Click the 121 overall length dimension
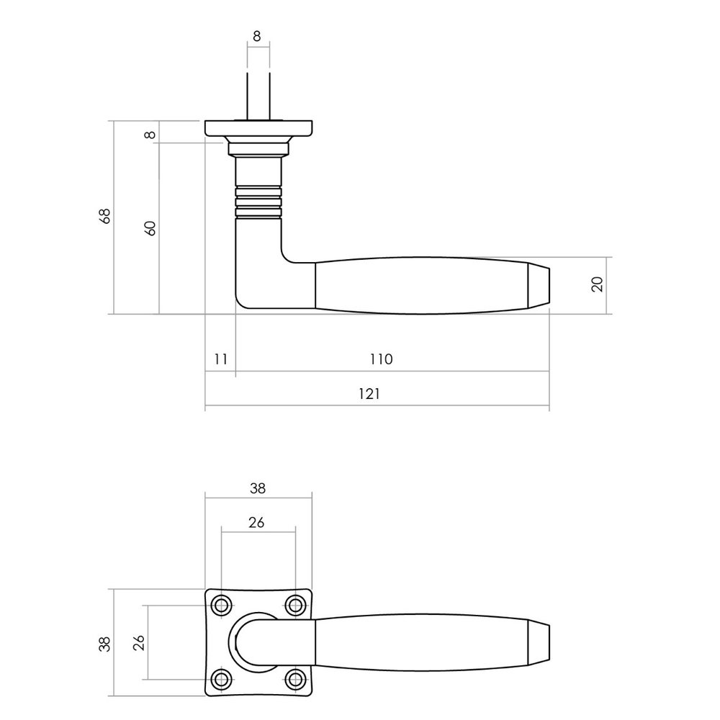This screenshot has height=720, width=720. pos(377,395)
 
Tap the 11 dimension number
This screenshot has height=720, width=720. pos(220,359)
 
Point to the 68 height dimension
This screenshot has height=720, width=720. pos(105,217)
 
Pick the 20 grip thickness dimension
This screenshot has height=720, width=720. pos(596,284)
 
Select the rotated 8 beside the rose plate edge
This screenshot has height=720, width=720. pos(150,134)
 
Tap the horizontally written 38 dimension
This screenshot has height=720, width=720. pos(258,487)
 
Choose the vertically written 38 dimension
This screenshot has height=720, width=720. pos(105,642)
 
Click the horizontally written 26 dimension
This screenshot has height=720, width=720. pos(258,523)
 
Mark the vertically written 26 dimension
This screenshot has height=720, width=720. pos(139,642)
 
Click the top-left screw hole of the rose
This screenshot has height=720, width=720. pos(222,606)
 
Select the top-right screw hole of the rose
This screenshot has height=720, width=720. pos(294,606)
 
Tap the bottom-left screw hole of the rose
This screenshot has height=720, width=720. pos(222,679)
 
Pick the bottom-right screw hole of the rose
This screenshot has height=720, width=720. pos(294,679)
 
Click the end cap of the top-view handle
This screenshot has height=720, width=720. pos(540,642)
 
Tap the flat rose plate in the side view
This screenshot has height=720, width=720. pos(258,129)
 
